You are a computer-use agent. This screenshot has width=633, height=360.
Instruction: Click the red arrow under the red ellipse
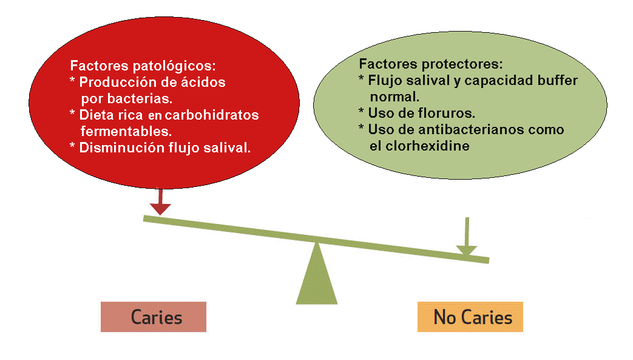tap(160, 202)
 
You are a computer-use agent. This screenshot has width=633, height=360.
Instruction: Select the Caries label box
tap(154, 318)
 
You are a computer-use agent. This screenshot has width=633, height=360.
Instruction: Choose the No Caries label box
tap(470, 318)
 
